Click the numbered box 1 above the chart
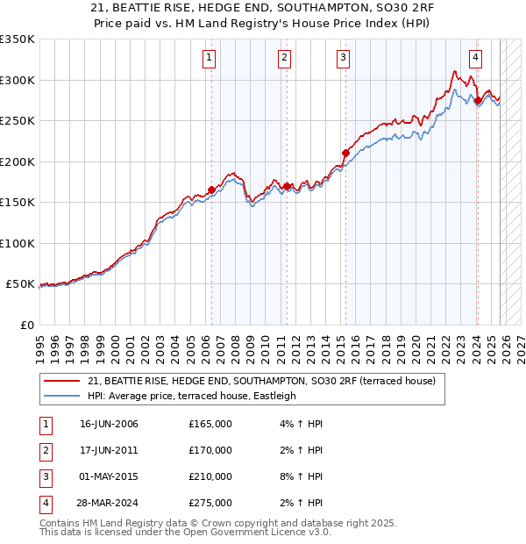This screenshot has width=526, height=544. pos(210,59)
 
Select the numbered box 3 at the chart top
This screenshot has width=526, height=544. pos(343,59)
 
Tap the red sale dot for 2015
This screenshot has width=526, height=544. pos(345,153)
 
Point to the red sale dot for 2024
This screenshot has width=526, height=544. pos(478,100)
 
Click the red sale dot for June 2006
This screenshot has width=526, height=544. pos(211,190)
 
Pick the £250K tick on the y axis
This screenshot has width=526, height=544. pos(18,121)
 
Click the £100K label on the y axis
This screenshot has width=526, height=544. pos(18,243)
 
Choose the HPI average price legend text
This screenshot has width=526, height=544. pos(192,396)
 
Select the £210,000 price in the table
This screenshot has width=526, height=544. pos(210,476)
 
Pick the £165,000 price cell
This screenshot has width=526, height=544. pos(210,424)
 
